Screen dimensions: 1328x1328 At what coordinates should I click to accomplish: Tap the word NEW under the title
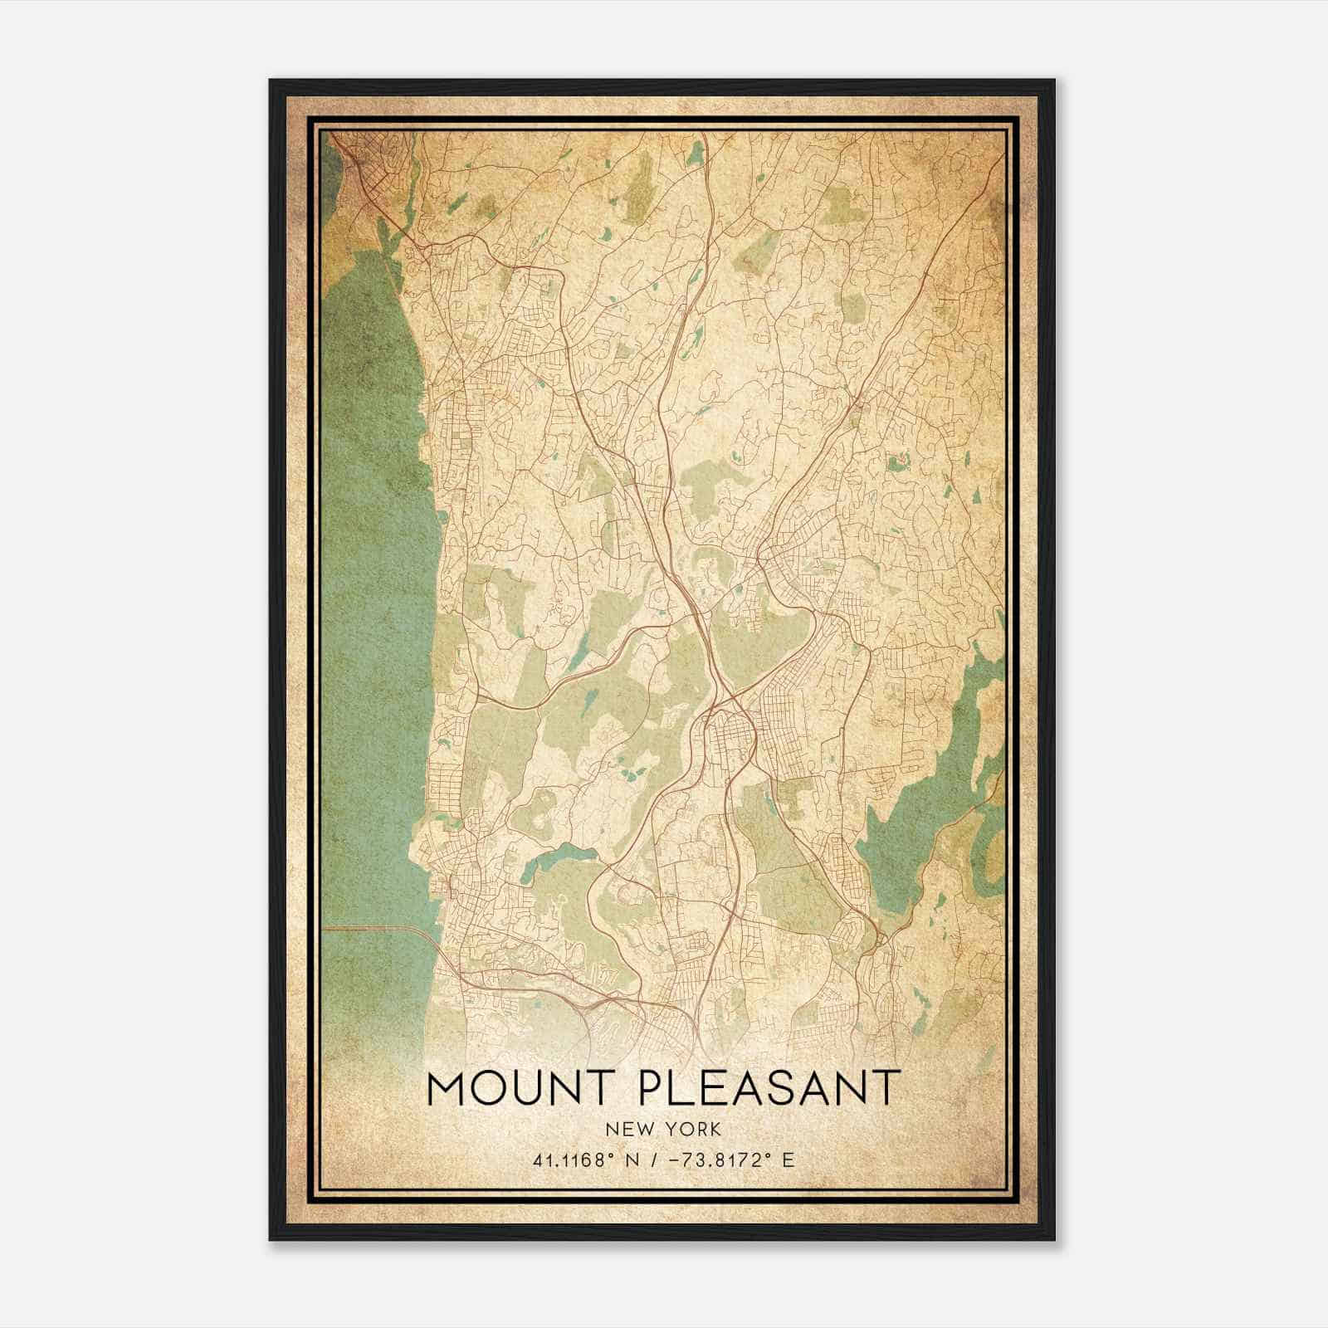[627, 1130]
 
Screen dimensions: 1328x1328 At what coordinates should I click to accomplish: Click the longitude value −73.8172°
[715, 1160]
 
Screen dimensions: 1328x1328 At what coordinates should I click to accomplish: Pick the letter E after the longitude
[788, 1160]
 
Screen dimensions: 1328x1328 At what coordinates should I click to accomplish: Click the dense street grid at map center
[730, 739]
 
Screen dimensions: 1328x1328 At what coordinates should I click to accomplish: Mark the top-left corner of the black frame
[271, 81]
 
